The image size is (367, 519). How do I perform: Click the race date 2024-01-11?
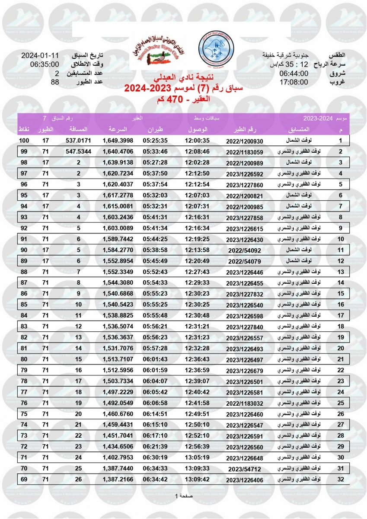tap(40, 56)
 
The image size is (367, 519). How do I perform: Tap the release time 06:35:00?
tap(44, 64)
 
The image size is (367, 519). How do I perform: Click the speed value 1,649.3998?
tap(118, 141)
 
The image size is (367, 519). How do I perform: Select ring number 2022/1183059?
tap(244, 152)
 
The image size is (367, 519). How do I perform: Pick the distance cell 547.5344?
tap(78, 151)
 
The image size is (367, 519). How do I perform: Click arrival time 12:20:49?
tap(197, 261)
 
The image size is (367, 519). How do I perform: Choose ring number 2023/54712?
tap(245, 469)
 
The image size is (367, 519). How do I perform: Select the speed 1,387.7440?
tap(118, 468)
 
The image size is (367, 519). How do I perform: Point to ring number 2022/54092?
tap(245, 250)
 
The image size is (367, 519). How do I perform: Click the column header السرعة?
tap(117, 130)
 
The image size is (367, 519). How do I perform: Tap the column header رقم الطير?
tap(245, 130)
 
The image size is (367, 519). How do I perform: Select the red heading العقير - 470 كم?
tap(184, 99)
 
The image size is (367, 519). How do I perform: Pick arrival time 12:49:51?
tap(197, 414)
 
